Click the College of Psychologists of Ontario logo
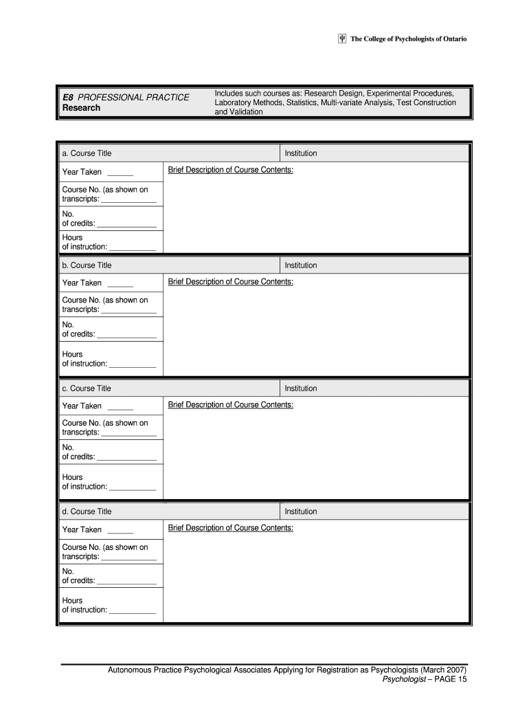click(342, 39)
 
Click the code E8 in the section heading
click(68, 97)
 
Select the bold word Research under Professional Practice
click(81, 108)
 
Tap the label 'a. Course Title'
click(87, 153)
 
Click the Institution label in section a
click(301, 153)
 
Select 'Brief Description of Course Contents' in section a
click(231, 170)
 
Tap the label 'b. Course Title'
click(87, 265)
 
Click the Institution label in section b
click(301, 265)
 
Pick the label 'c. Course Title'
click(87, 388)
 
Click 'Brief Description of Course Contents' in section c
click(231, 405)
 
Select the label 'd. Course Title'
click(87, 511)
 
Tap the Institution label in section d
click(301, 511)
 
